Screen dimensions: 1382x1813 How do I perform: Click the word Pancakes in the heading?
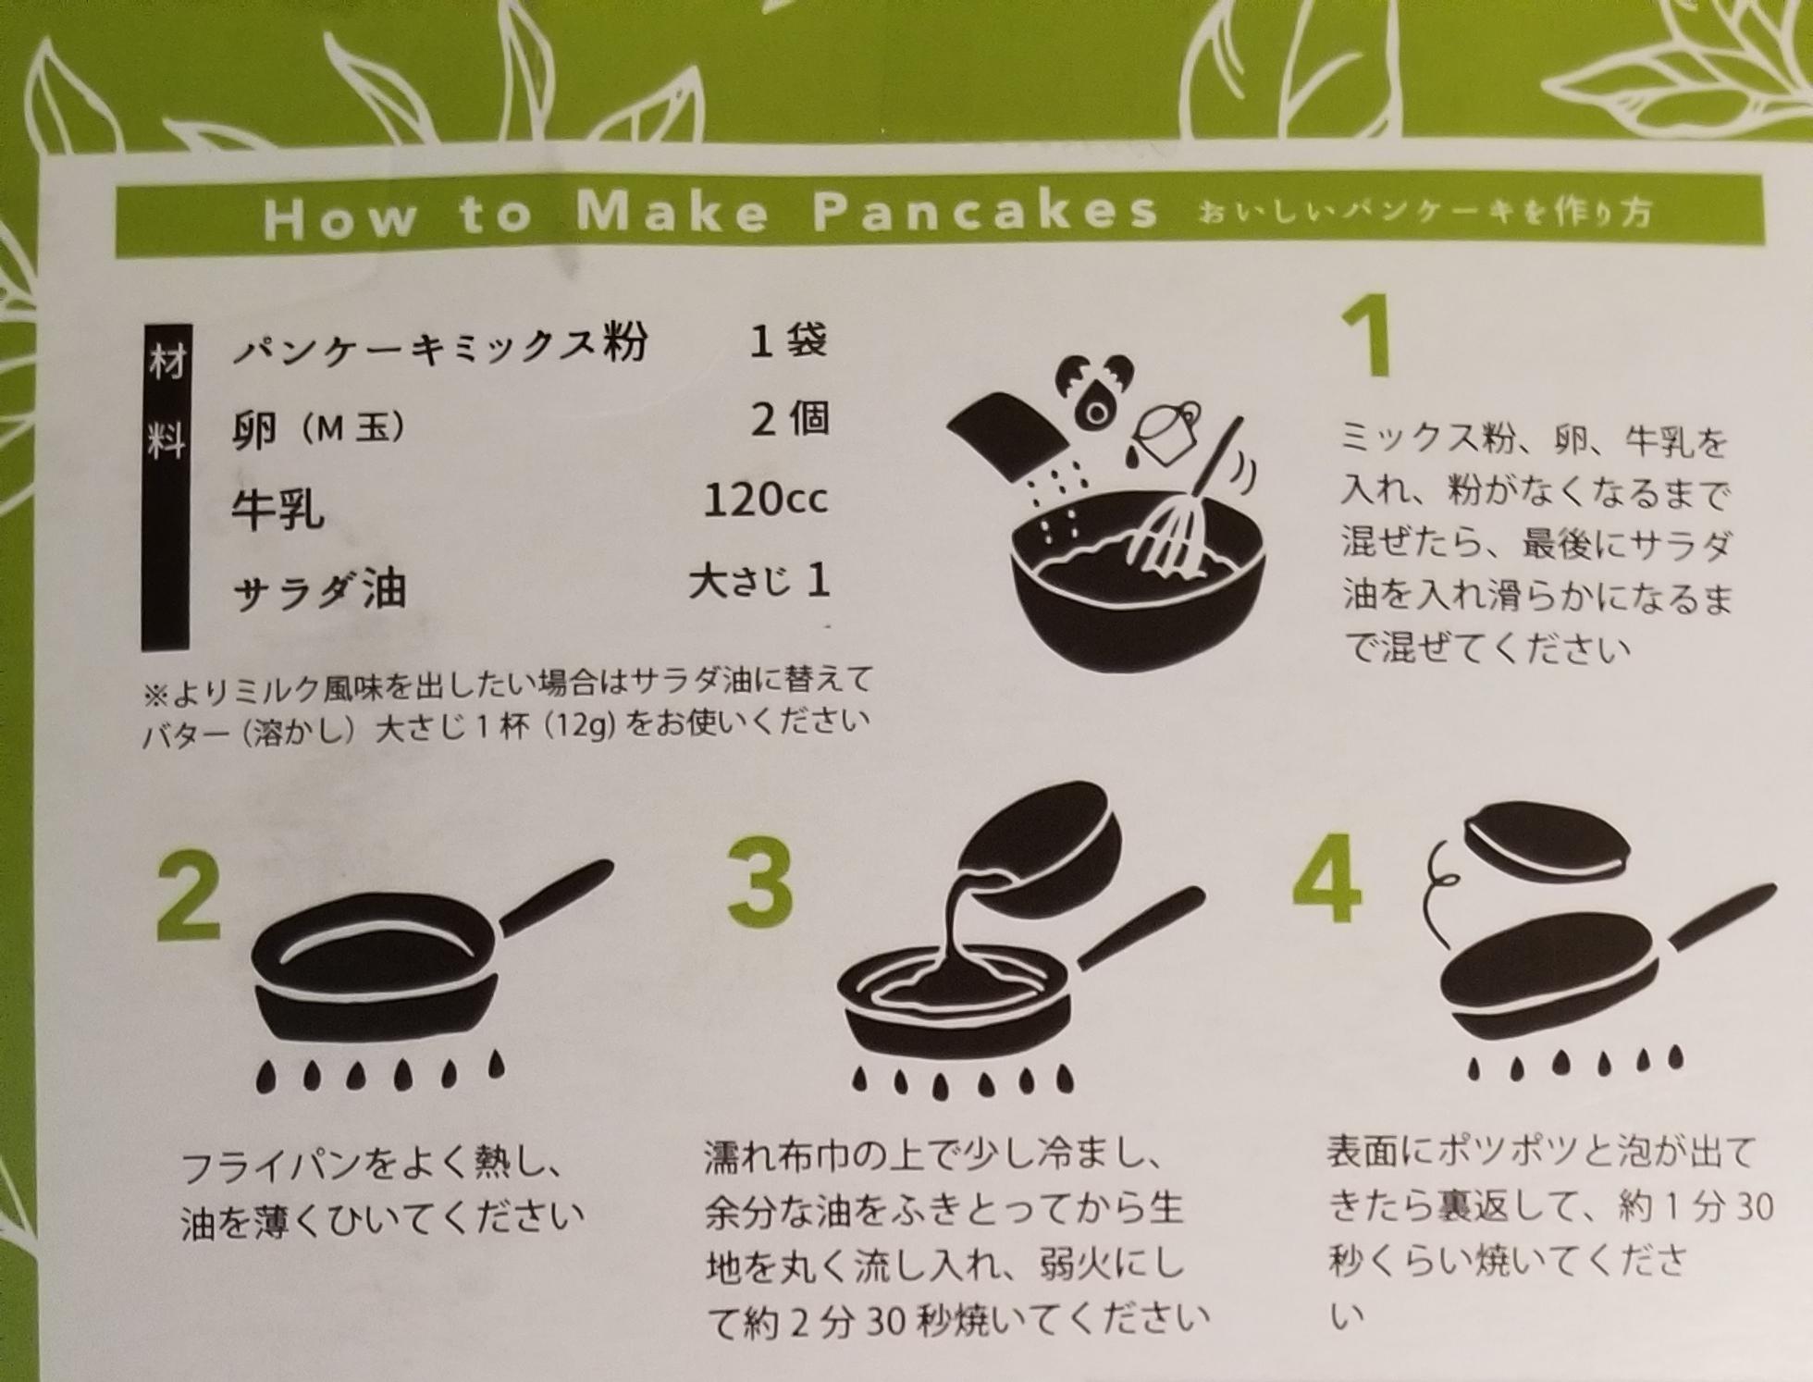[x=984, y=213]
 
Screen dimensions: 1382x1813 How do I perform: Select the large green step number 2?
[x=189, y=896]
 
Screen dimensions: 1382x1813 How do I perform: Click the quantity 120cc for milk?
[x=765, y=500]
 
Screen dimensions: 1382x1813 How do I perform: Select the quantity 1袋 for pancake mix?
[x=788, y=341]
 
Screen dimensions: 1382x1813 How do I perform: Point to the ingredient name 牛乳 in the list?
[x=277, y=510]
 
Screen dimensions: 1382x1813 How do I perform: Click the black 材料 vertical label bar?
[x=166, y=486]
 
